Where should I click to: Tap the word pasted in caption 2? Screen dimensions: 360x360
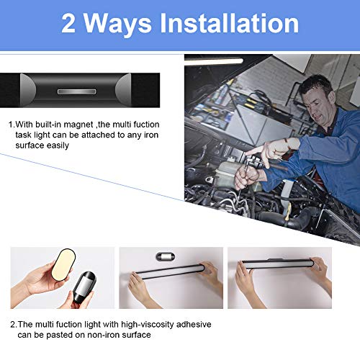(x=68, y=335)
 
